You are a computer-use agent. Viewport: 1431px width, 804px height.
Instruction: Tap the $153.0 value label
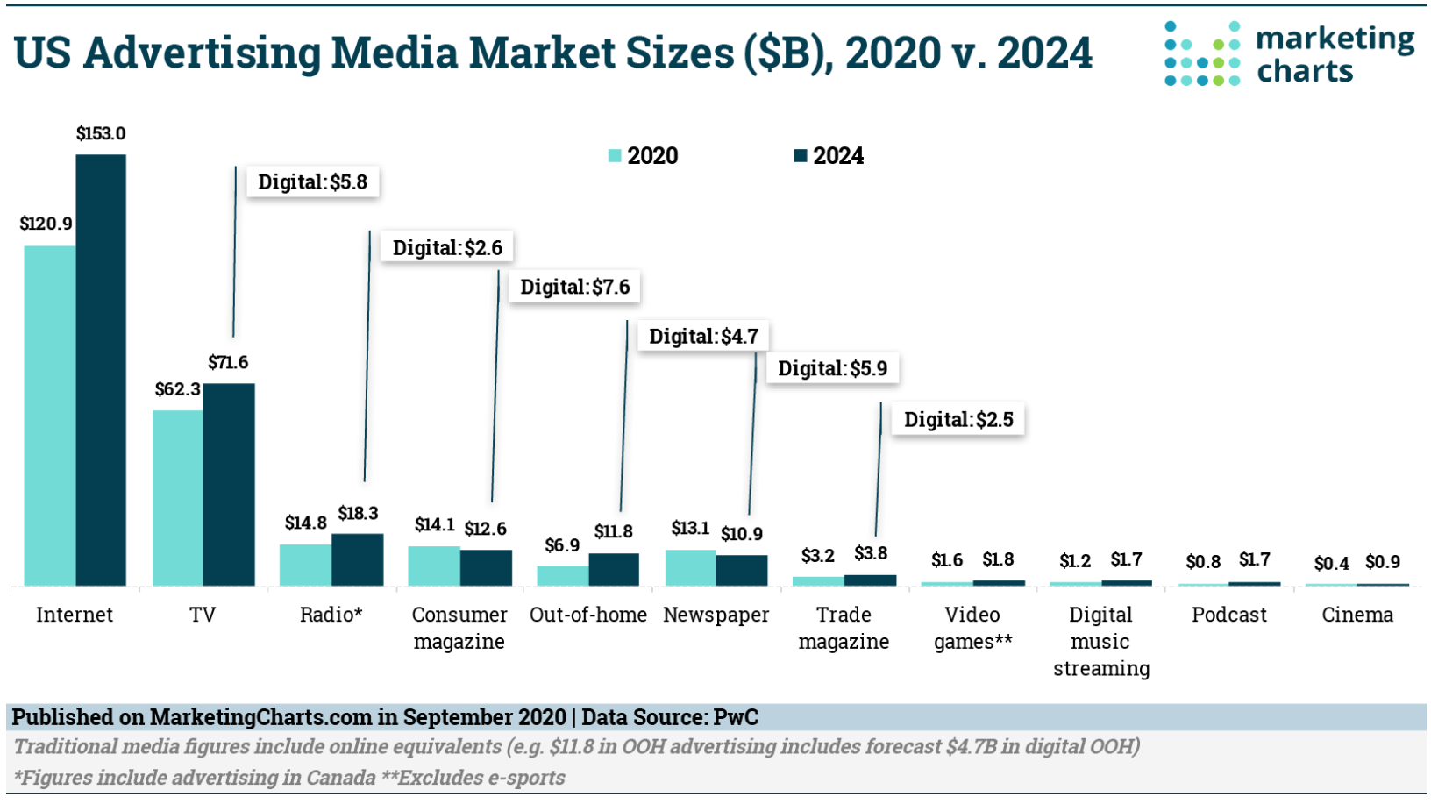tap(100, 133)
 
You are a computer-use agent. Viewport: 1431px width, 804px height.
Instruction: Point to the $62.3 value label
tap(177, 389)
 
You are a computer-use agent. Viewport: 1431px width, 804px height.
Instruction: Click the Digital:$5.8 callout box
tap(312, 182)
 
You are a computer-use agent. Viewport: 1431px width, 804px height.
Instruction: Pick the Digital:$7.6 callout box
tap(574, 288)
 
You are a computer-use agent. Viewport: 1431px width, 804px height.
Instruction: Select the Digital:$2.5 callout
tap(958, 420)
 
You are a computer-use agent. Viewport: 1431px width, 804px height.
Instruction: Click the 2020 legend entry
tap(644, 156)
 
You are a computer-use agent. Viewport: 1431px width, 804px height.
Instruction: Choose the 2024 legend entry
tap(829, 156)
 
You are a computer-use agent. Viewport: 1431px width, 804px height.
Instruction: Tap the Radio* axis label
tap(331, 615)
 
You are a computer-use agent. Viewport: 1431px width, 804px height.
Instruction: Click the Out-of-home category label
tap(587, 615)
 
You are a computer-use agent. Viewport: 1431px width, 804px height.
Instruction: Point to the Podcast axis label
tap(1228, 615)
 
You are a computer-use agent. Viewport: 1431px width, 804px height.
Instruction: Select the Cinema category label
tap(1356, 615)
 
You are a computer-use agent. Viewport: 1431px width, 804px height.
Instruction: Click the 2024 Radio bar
tap(357, 559)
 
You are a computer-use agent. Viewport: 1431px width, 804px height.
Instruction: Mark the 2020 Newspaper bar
tap(690, 567)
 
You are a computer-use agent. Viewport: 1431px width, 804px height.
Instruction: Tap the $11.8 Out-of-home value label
tap(613, 532)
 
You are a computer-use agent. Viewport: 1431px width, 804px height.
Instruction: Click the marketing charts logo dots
tap(1202, 54)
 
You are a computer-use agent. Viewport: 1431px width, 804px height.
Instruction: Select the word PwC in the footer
tap(735, 717)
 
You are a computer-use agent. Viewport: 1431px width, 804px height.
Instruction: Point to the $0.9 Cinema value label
tap(1382, 562)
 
